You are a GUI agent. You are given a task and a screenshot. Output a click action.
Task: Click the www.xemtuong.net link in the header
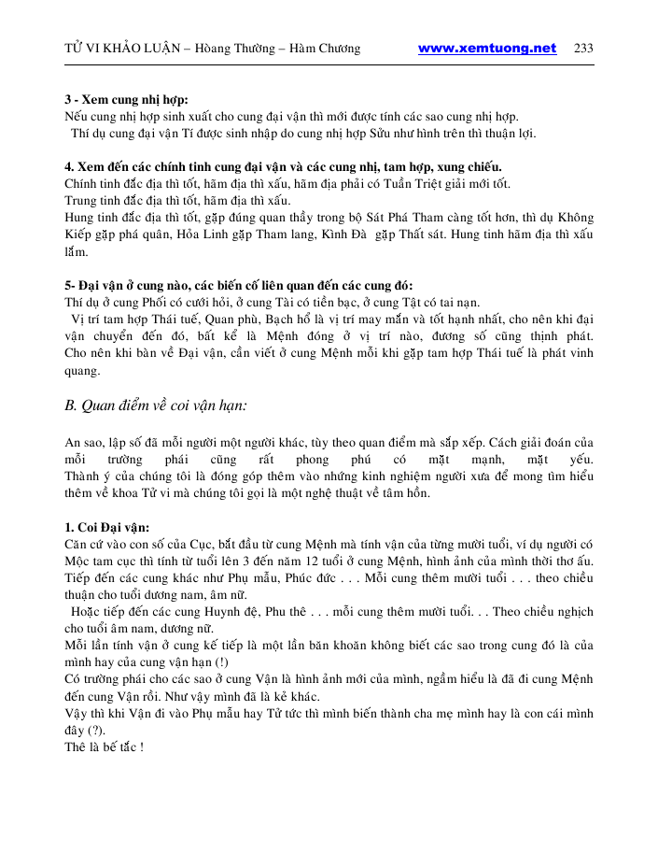(486, 49)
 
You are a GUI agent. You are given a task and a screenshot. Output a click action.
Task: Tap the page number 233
(583, 49)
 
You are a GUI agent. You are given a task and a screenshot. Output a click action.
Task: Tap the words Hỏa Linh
(231, 235)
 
